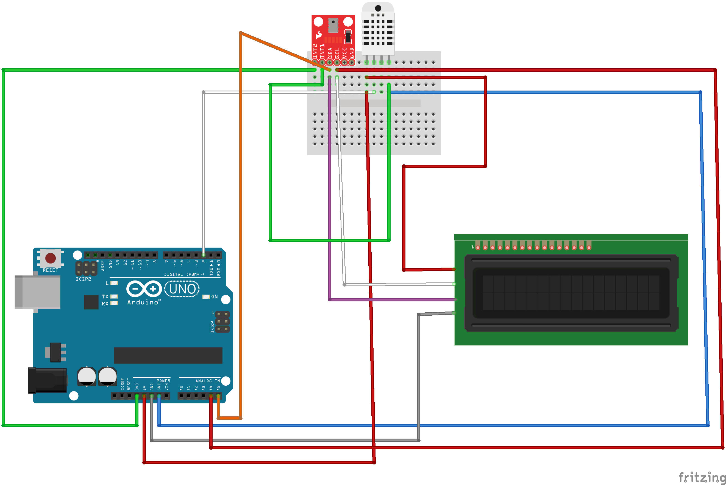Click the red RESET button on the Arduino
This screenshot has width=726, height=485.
coord(51,258)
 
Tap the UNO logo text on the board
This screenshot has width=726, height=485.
coord(182,289)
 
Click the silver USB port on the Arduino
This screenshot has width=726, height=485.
coord(37,292)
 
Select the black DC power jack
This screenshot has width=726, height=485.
coord(47,380)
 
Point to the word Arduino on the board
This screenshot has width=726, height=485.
coord(143,302)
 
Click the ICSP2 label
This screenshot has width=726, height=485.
coord(83,279)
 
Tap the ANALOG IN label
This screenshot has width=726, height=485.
coord(208,381)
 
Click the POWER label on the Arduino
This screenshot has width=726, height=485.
coord(163,381)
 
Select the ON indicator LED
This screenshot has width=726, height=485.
coord(206,297)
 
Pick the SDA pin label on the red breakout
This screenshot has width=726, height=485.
coord(330,53)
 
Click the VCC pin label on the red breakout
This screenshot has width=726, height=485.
coord(344,53)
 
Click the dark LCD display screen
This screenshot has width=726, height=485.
coord(571,293)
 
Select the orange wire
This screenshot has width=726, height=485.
coord(240,217)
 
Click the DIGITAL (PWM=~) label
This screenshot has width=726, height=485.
coord(184,274)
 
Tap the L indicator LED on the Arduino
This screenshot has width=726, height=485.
coord(114,283)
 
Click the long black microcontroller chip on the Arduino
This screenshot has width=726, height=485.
coord(168,355)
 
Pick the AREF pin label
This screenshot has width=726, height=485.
coord(103,265)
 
